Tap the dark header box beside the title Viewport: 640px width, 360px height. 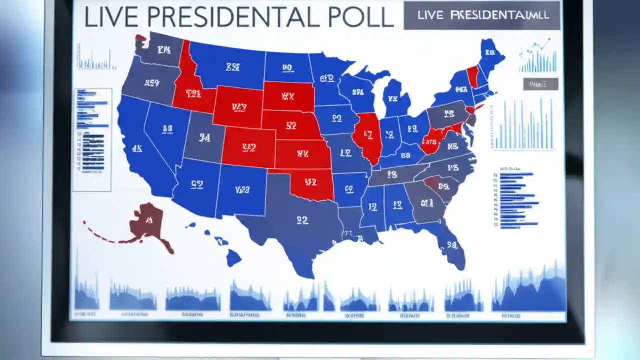pyautogui.click(x=482, y=15)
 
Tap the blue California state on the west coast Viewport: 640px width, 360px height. pyautogui.click(x=137, y=147)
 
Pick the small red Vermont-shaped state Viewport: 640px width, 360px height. pyautogui.click(x=472, y=77)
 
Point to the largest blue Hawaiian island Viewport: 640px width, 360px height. pyautogui.click(x=233, y=258)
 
